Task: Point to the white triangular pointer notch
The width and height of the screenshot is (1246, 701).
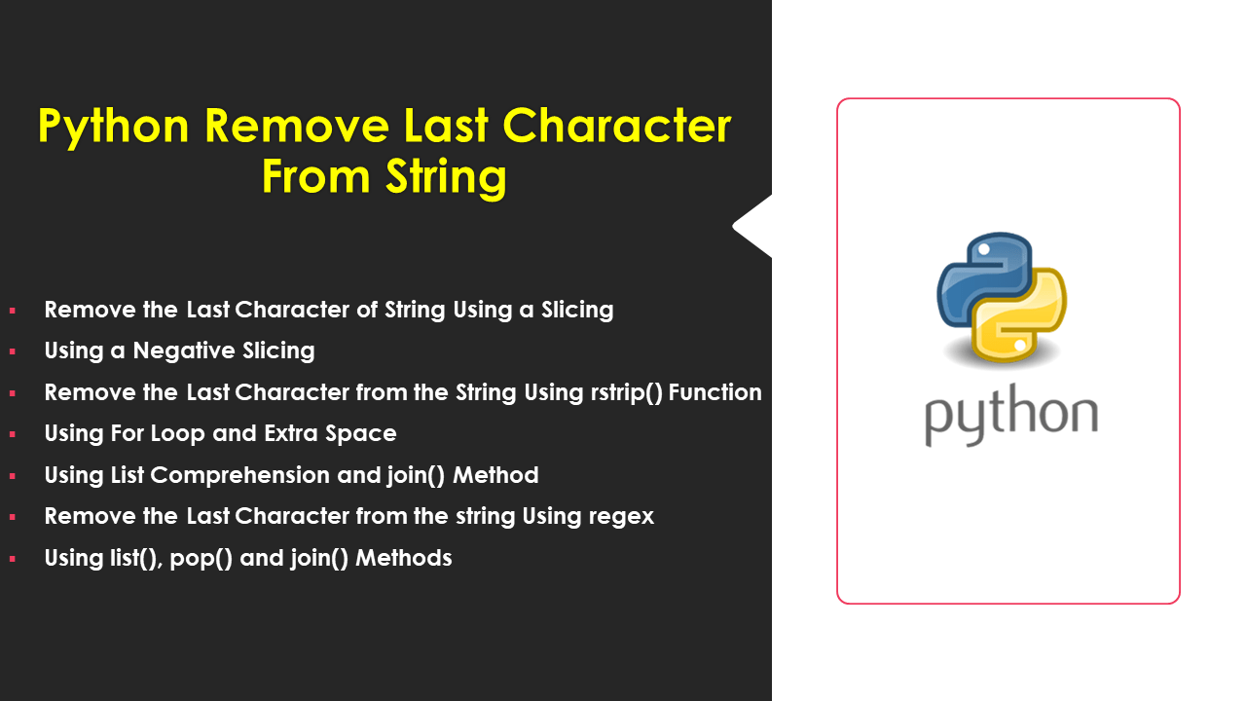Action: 752,226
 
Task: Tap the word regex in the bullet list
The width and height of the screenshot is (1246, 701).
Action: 622,516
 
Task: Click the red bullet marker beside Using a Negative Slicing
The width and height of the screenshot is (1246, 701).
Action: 13,351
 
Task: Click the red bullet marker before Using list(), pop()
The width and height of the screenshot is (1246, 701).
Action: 13,559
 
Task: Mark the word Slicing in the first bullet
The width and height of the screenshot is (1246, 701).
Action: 577,310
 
